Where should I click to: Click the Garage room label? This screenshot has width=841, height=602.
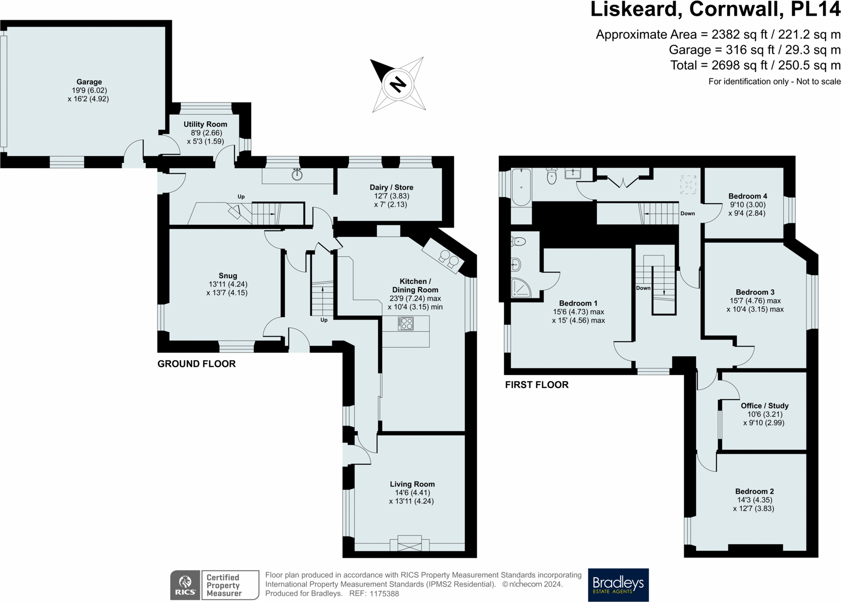pyautogui.click(x=89, y=82)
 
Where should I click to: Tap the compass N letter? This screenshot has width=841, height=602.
pyautogui.click(x=398, y=84)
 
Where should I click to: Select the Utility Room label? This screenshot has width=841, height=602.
pyautogui.click(x=205, y=124)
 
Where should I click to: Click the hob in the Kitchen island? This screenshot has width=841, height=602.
pyautogui.click(x=406, y=323)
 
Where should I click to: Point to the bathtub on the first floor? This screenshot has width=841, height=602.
pyautogui.click(x=521, y=187)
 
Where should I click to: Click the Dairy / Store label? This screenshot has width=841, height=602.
pyautogui.click(x=391, y=187)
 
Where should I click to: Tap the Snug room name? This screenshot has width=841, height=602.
pyautogui.click(x=227, y=275)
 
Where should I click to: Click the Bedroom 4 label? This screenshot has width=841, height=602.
pyautogui.click(x=748, y=196)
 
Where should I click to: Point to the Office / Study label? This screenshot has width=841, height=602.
pyautogui.click(x=764, y=405)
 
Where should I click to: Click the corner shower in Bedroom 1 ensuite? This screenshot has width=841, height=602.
pyautogui.click(x=521, y=288)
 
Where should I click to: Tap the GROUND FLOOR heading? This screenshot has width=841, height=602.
pyautogui.click(x=196, y=364)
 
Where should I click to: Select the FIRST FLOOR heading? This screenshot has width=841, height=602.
pyautogui.click(x=536, y=385)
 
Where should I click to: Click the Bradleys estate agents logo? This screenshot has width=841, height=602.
pyautogui.click(x=618, y=585)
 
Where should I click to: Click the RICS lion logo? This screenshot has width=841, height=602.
pyautogui.click(x=185, y=585)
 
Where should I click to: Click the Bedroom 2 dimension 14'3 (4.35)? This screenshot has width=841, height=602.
pyautogui.click(x=754, y=500)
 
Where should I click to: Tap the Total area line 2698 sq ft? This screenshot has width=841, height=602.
pyautogui.click(x=755, y=65)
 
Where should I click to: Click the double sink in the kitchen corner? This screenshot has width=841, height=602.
pyautogui.click(x=448, y=259)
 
